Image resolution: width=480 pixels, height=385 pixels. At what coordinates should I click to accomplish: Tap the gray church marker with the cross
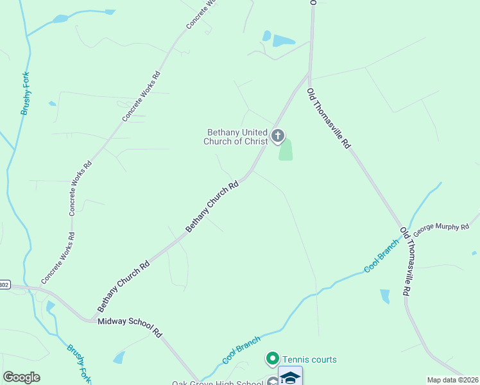[x=278, y=135]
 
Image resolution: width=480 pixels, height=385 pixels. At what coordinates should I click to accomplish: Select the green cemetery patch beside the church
[x=286, y=150]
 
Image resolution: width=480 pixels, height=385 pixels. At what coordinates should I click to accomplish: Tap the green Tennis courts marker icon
[x=272, y=358]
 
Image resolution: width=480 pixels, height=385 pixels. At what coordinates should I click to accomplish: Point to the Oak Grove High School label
[x=217, y=383]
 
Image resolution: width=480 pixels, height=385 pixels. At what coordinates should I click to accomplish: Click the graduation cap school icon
[x=290, y=377]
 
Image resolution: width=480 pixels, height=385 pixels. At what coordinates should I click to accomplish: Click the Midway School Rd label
[x=130, y=325]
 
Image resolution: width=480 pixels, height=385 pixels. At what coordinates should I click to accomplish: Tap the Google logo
[x=21, y=377]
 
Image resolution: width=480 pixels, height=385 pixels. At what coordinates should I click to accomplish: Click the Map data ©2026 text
[x=452, y=380]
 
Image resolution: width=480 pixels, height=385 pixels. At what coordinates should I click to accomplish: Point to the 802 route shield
[x=4, y=284]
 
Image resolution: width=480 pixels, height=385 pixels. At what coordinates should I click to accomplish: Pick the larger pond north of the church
[x=282, y=41]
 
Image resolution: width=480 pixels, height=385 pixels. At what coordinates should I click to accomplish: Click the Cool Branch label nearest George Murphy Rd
[x=382, y=259]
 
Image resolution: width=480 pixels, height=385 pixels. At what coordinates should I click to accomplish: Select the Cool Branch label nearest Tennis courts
[x=241, y=350]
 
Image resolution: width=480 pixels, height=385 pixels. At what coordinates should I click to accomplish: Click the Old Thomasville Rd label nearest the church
[x=328, y=119]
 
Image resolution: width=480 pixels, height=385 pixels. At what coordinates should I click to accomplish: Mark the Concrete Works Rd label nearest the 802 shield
[x=62, y=257]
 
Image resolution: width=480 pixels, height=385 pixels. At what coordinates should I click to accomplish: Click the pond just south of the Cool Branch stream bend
[x=384, y=296]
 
